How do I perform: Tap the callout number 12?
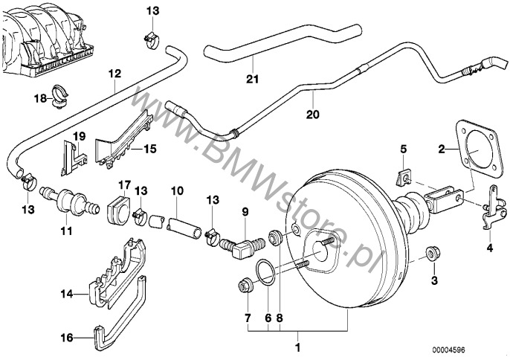pos(113,74)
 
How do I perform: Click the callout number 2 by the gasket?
pos(441,150)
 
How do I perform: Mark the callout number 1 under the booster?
pos(297,347)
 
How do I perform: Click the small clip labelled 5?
pos(401,176)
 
